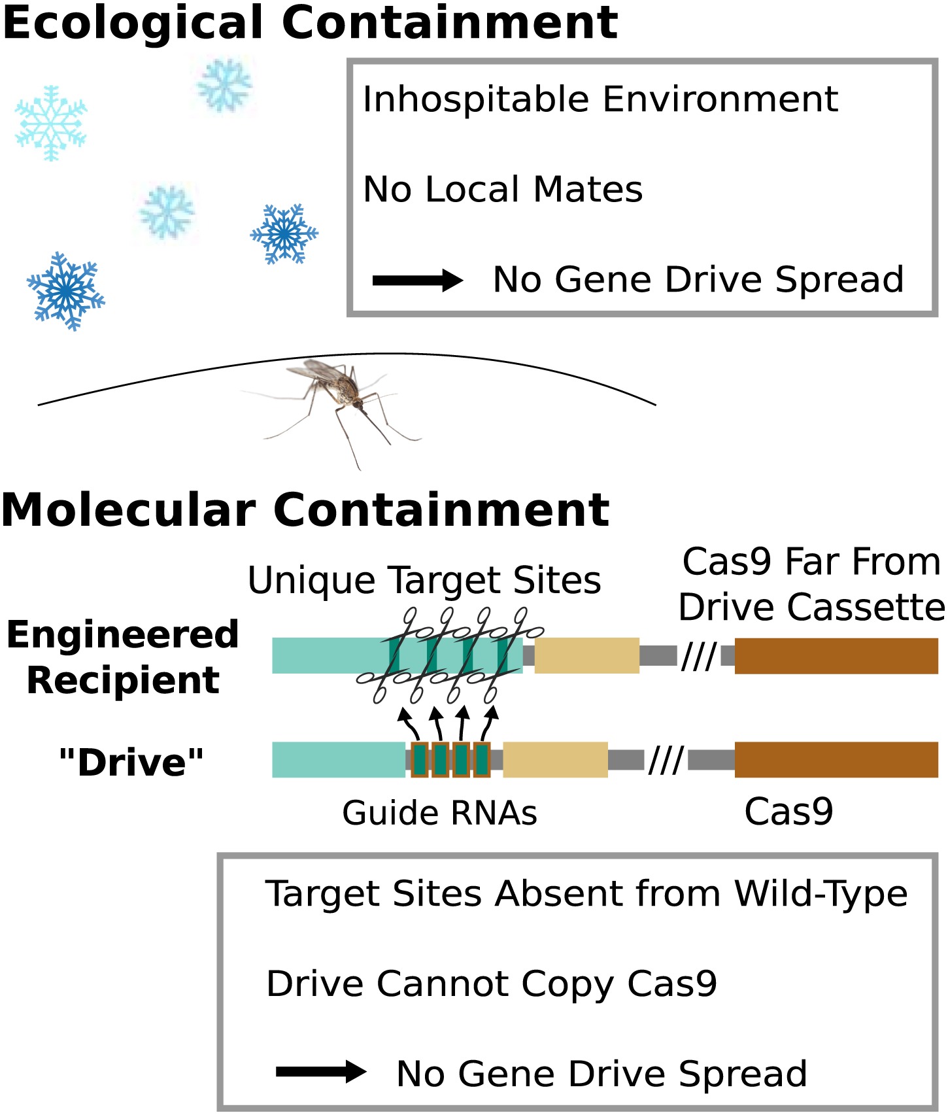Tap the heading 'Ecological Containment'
pyautogui.click(x=310, y=22)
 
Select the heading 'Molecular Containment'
pyautogui.click(x=305, y=510)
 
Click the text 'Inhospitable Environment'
pyautogui.click(x=600, y=99)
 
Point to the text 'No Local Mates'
pyautogui.click(x=503, y=190)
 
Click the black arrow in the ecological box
pyautogui.click(x=417, y=281)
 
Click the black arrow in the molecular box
pyautogui.click(x=320, y=1071)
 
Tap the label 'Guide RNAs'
pyautogui.click(x=439, y=814)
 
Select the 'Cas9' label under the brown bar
pyautogui.click(x=788, y=812)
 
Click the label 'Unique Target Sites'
pyautogui.click(x=424, y=580)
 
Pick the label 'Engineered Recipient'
pyautogui.click(x=123, y=657)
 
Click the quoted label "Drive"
pyautogui.click(x=131, y=762)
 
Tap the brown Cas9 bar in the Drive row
pyautogui.click(x=836, y=759)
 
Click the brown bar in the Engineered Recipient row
pyautogui.click(x=836, y=656)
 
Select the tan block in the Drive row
pyautogui.click(x=555, y=759)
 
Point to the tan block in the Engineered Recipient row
pyautogui.click(x=586, y=656)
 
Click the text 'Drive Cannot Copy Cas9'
pyautogui.click(x=492, y=984)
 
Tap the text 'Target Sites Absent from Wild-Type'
pyautogui.click(x=586, y=894)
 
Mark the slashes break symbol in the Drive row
pyautogui.click(x=666, y=760)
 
